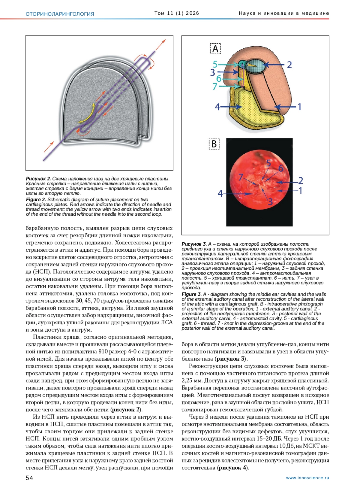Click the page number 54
[29, 478]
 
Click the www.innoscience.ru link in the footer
[307, 478]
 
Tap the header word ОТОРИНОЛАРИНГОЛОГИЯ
[60, 14]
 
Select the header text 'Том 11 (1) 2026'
[177, 13]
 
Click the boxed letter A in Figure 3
[215, 49]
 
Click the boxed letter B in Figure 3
[214, 144]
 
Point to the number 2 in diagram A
[289, 65]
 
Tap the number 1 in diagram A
[299, 107]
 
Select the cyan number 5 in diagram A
[215, 64]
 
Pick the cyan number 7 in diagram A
[215, 86]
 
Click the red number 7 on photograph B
[241, 177]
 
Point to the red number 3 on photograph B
[270, 202]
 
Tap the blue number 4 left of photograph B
[220, 194]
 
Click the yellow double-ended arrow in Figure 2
[88, 114]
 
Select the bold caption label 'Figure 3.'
[191, 294]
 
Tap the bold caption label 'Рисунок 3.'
[194, 244]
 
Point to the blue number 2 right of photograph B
[300, 180]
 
